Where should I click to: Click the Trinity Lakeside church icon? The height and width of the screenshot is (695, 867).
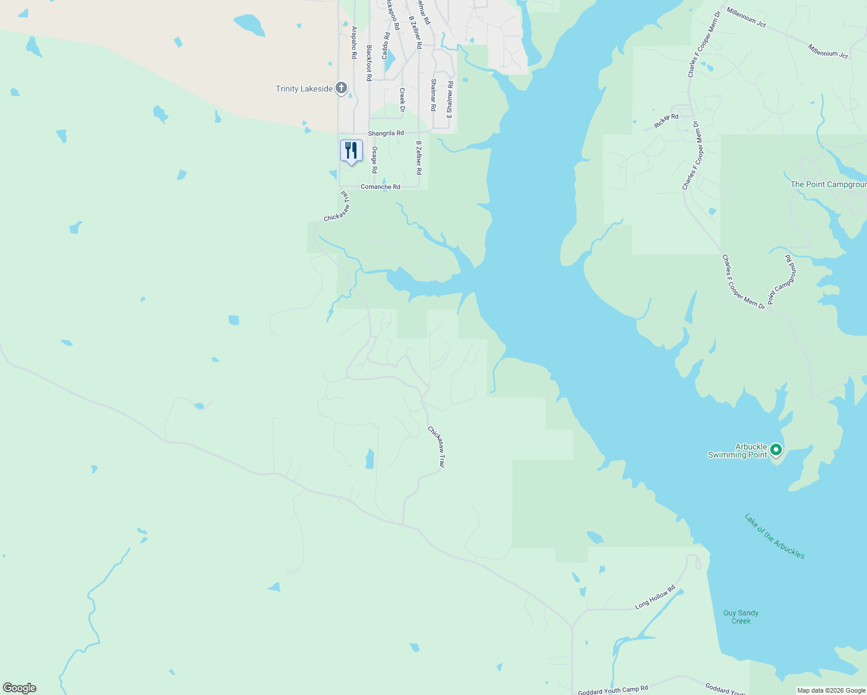(x=341, y=88)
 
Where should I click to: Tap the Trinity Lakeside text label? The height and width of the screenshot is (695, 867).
(x=304, y=89)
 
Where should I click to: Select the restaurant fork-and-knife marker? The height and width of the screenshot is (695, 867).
(x=351, y=151)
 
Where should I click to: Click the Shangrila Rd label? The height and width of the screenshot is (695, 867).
(x=386, y=133)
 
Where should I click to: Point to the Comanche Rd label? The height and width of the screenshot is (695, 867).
(x=380, y=187)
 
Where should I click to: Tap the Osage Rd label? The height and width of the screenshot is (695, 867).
(x=374, y=160)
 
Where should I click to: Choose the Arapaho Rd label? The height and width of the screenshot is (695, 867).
(x=354, y=42)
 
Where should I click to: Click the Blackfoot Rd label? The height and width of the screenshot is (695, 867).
(x=369, y=63)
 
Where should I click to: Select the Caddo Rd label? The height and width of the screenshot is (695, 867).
(x=386, y=45)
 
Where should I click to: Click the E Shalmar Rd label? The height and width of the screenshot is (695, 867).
(x=450, y=100)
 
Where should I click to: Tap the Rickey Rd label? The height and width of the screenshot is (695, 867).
(x=666, y=121)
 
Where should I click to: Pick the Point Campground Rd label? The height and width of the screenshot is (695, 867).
(x=781, y=279)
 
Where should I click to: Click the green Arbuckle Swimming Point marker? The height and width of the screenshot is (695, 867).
(x=776, y=449)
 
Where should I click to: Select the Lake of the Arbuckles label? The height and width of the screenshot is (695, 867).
(x=774, y=536)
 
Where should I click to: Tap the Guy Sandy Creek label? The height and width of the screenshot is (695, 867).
(x=741, y=617)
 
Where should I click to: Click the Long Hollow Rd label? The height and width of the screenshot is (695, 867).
(x=655, y=597)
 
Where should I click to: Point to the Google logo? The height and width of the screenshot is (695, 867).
(x=20, y=688)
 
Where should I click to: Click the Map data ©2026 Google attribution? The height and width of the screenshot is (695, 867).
(x=831, y=690)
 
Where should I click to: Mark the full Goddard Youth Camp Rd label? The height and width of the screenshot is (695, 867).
(x=613, y=690)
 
